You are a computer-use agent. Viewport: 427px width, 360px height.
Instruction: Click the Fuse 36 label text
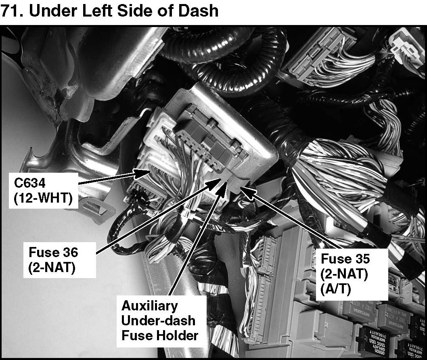[x=53, y=253]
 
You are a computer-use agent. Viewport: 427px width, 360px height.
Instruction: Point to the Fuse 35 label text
[x=345, y=259]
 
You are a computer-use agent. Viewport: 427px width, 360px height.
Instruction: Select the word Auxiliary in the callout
[x=149, y=306]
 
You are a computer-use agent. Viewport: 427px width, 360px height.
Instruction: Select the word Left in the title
[x=88, y=10]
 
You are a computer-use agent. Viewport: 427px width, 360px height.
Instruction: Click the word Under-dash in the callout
[x=158, y=320]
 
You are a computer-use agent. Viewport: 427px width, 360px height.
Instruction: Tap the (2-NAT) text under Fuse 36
[x=52, y=268]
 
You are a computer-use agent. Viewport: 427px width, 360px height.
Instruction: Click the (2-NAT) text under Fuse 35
[x=344, y=274]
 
